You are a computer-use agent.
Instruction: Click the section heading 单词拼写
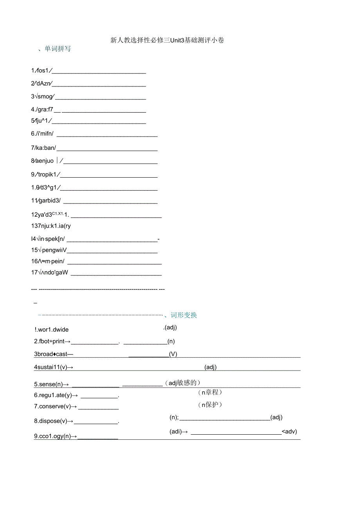click(58, 49)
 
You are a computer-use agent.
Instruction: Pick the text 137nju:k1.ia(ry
click(51, 226)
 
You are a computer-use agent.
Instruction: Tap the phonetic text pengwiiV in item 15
click(53, 250)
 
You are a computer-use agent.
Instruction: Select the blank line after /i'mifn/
click(107, 136)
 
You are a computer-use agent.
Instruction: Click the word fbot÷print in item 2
click(52, 342)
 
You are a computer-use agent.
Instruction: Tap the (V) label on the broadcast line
click(173, 354)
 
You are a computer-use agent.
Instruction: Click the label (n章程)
click(210, 392)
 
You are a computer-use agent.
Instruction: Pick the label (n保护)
click(210, 405)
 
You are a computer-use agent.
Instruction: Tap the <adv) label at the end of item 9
click(290, 432)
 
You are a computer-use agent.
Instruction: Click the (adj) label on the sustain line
click(211, 367)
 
